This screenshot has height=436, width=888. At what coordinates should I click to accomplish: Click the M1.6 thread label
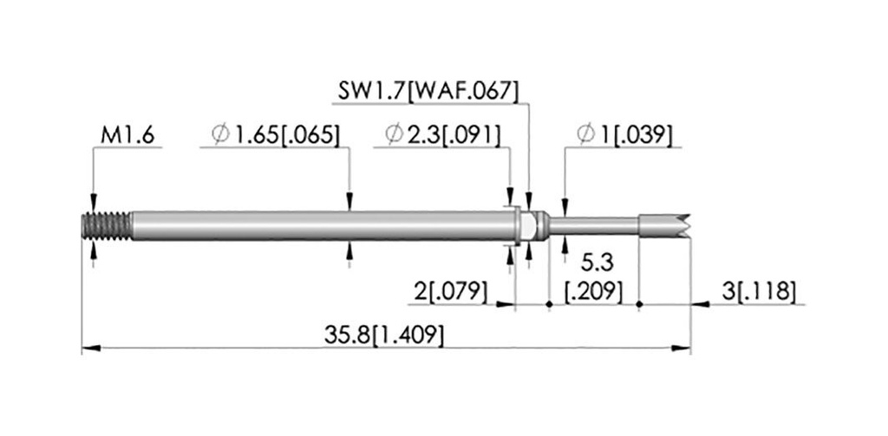click(127, 136)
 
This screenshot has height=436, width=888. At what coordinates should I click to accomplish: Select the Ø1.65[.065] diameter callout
click(276, 136)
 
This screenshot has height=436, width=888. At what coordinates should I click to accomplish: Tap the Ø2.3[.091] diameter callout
click(443, 136)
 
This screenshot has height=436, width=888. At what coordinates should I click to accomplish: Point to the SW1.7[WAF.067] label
click(428, 92)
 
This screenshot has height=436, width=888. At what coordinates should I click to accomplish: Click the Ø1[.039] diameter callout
click(624, 136)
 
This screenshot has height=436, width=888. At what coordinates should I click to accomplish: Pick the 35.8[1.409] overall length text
click(384, 335)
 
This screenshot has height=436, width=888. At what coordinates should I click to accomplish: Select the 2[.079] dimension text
click(451, 292)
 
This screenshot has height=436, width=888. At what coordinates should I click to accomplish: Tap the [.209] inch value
click(595, 292)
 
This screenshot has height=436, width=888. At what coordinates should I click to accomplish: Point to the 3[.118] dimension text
click(759, 292)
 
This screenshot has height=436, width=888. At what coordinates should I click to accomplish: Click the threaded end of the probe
click(107, 226)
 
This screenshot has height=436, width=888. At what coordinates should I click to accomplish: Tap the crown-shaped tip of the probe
click(665, 225)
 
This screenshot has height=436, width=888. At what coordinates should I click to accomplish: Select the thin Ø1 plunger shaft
click(594, 225)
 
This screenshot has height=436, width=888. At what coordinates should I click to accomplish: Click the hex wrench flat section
click(528, 226)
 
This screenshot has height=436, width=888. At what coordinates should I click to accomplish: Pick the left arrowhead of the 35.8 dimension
click(91, 348)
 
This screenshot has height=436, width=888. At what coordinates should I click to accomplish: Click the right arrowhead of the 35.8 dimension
click(682, 348)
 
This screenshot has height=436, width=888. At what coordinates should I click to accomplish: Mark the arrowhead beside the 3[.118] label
click(701, 304)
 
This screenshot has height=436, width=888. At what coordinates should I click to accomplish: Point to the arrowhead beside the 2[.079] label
click(506, 304)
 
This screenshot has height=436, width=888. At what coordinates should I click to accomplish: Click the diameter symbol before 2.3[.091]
click(394, 134)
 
